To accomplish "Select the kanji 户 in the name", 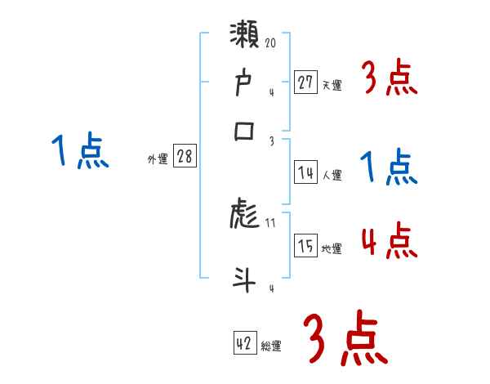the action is (245, 84).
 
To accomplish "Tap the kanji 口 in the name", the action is (245, 132).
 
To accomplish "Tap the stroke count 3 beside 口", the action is (271, 141).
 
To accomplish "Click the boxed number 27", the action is (305, 82).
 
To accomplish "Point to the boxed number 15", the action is (305, 246).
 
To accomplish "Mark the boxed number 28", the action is (185, 158).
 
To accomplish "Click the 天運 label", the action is (332, 86).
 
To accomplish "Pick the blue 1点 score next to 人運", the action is (389, 168).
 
